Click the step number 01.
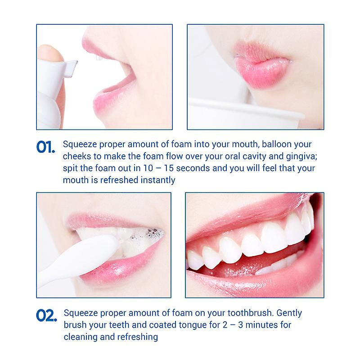(x=45, y=147)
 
